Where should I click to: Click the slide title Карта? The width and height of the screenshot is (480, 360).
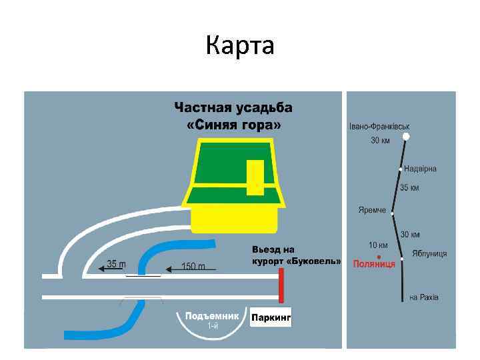[x=240, y=46]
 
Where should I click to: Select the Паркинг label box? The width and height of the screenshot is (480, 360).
[x=271, y=318]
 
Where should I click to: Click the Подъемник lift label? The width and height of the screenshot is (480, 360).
[x=212, y=316]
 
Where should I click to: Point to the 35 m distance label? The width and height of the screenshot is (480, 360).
[x=117, y=264]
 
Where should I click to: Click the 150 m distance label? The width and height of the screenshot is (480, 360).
[x=193, y=266]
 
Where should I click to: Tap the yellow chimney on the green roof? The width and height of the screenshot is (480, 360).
[x=255, y=177]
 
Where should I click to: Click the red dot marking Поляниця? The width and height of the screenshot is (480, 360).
[x=379, y=257]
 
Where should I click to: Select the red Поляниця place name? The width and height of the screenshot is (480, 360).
[x=374, y=264]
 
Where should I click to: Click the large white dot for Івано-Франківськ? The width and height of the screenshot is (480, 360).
[x=405, y=137]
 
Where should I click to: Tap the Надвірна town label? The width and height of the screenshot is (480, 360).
[x=420, y=169]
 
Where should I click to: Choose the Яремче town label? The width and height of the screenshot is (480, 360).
[x=372, y=210]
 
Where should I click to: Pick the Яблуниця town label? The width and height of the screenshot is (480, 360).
[x=429, y=253]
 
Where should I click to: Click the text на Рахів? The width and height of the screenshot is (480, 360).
[x=424, y=297]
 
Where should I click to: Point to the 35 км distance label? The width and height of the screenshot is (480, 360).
[x=410, y=188]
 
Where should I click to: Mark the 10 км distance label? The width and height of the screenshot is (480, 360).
[x=379, y=245]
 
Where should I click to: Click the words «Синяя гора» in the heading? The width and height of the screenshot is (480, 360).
[x=233, y=125]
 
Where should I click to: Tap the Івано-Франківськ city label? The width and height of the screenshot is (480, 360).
[x=379, y=126]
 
